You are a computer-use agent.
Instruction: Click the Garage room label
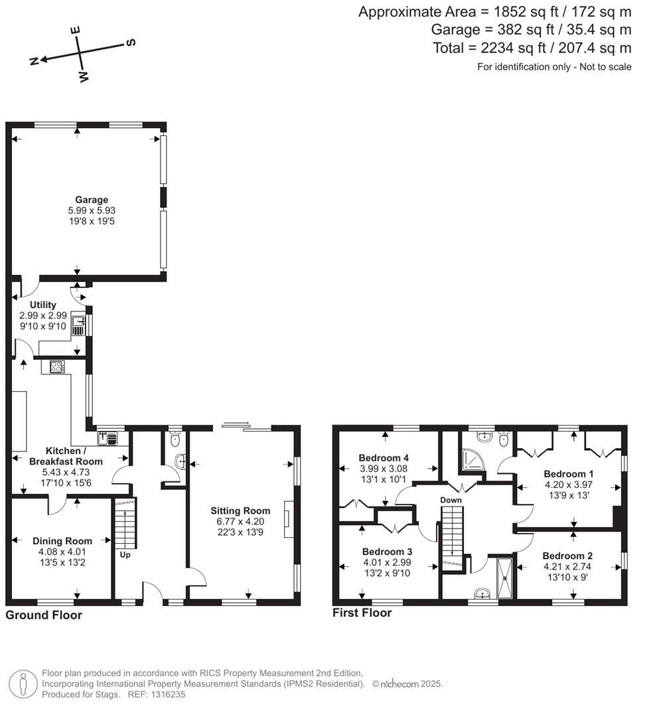[x=92, y=199]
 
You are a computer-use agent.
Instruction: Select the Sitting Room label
[x=240, y=511]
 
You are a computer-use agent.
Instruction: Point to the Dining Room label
[x=62, y=541]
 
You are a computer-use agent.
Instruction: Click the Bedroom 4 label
[x=384, y=458]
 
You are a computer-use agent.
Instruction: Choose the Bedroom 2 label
[x=567, y=556]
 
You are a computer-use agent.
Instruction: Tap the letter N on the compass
[x=35, y=61]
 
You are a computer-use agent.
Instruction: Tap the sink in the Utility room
[x=78, y=325]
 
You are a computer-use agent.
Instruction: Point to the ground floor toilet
[x=175, y=439]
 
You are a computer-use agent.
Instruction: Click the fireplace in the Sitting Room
[x=286, y=519]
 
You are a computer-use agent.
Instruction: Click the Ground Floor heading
[x=44, y=615]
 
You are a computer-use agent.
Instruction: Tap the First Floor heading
[x=362, y=613]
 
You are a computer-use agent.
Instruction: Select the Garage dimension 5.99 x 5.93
[x=92, y=210]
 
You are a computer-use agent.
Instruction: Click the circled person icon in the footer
[x=23, y=683]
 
